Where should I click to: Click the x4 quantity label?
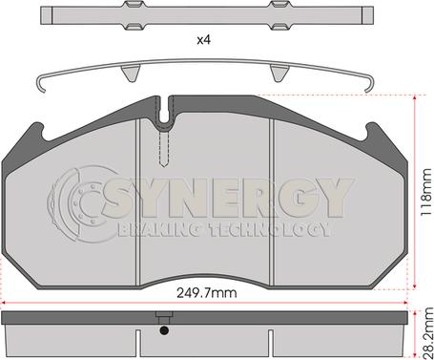pyautogui.click(x=204, y=40)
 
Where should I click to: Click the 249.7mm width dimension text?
pyautogui.click(x=207, y=293)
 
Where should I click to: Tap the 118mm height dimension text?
pyautogui.click(x=426, y=192)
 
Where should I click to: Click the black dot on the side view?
pyautogui.click(x=164, y=330)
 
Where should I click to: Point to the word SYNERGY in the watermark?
pyautogui.click(x=228, y=198)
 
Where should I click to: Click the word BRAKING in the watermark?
pyautogui.click(x=160, y=230)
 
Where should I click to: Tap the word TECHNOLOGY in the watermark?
pyautogui.click(x=269, y=230)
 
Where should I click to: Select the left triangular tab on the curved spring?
pyautogui.click(x=131, y=73)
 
